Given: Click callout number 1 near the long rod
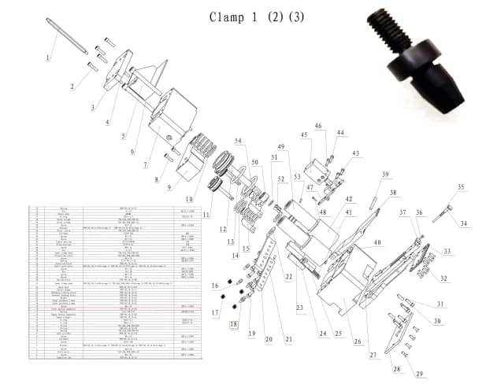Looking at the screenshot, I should tap(47, 57).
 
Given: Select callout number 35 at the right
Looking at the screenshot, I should tap(461, 187).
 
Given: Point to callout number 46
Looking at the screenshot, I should tap(318, 126).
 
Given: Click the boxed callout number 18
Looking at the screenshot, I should tap(233, 323).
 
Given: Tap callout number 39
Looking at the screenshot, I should tap(386, 175).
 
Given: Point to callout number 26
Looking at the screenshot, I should tap(358, 341).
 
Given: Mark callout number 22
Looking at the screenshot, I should tap(288, 276).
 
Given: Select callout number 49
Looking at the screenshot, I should tap(280, 147).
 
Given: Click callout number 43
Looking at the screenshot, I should tap(355, 153).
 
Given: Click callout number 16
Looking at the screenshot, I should tap(215, 286).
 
